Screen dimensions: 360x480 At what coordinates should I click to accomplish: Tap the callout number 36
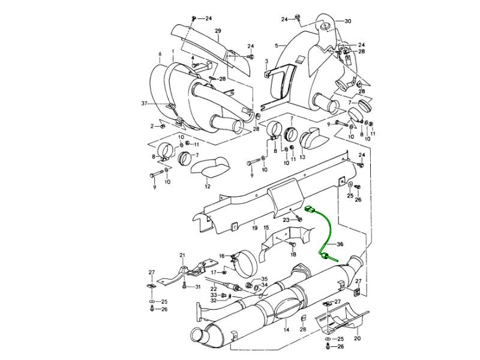[340, 244]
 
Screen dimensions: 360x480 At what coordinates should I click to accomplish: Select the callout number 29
[218, 31]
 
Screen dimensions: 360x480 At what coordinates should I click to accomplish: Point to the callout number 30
[348, 21]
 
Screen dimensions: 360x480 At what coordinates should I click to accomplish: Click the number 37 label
[144, 104]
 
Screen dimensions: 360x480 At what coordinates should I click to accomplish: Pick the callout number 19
[255, 229]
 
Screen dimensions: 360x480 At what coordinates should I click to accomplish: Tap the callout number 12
[207, 186]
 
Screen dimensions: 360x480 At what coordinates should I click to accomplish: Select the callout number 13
[303, 157]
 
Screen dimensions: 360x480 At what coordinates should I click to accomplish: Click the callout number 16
[221, 256]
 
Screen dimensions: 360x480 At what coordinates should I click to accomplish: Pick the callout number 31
[198, 287]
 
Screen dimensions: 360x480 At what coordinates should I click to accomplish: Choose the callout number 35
[263, 280]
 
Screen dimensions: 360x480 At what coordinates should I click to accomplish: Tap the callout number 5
[277, 46]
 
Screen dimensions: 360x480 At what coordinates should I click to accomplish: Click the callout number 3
[266, 61]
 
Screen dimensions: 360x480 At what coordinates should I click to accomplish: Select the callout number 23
[286, 220]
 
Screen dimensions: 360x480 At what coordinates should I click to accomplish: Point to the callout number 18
[293, 254]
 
